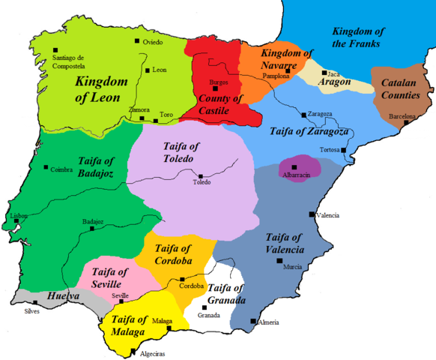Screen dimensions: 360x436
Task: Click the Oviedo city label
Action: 152,42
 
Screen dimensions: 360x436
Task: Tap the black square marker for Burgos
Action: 216,88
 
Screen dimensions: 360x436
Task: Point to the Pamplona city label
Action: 276,76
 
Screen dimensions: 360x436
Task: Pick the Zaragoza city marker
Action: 302,115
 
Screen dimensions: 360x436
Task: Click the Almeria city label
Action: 268,322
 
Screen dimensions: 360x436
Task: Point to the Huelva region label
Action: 64,297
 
